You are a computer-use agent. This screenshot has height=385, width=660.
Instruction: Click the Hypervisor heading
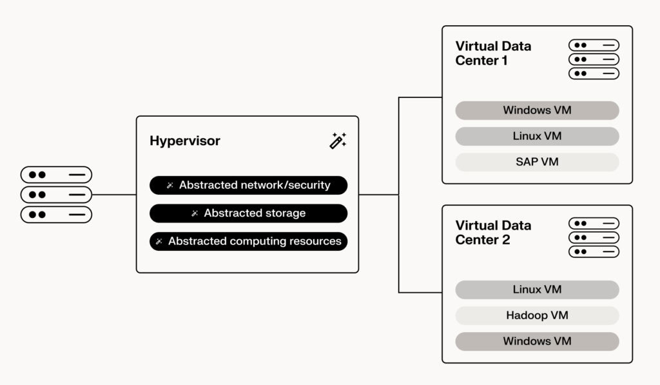pyautogui.click(x=185, y=141)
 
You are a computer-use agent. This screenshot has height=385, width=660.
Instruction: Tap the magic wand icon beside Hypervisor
pyautogui.click(x=338, y=141)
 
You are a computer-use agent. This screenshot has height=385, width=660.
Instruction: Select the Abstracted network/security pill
pyautogui.click(x=248, y=186)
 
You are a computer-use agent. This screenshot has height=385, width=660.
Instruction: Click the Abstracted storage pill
pyautogui.click(x=248, y=213)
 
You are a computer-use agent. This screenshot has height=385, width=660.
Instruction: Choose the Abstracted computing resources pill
pyautogui.click(x=248, y=242)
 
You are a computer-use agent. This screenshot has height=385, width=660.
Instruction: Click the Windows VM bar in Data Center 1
pyautogui.click(x=537, y=110)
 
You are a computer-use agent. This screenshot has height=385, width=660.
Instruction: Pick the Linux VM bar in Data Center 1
pyautogui.click(x=537, y=136)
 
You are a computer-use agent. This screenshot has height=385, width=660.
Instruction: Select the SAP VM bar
pyautogui.click(x=537, y=162)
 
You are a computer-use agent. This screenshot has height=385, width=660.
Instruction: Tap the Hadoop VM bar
pyautogui.click(x=537, y=315)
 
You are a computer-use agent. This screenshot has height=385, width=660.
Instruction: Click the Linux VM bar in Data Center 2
pyautogui.click(x=537, y=290)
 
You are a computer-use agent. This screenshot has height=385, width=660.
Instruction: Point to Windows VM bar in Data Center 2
pyautogui.click(x=537, y=341)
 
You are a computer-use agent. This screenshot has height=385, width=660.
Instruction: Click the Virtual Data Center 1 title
pyautogui.click(x=493, y=54)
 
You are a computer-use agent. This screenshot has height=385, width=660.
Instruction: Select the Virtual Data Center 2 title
pyautogui.click(x=493, y=233)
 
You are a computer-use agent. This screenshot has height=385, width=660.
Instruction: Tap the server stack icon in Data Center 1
pyautogui.click(x=594, y=59)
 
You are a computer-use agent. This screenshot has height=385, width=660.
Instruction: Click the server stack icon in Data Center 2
pyautogui.click(x=594, y=237)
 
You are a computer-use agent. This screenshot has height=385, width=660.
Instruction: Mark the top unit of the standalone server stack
pyautogui.click(x=56, y=175)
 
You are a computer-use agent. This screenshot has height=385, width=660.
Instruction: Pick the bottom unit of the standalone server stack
pyautogui.click(x=56, y=214)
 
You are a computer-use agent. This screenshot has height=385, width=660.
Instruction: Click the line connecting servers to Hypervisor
pyautogui.click(x=114, y=194)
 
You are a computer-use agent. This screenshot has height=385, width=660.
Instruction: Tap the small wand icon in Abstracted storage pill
pyautogui.click(x=195, y=213)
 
